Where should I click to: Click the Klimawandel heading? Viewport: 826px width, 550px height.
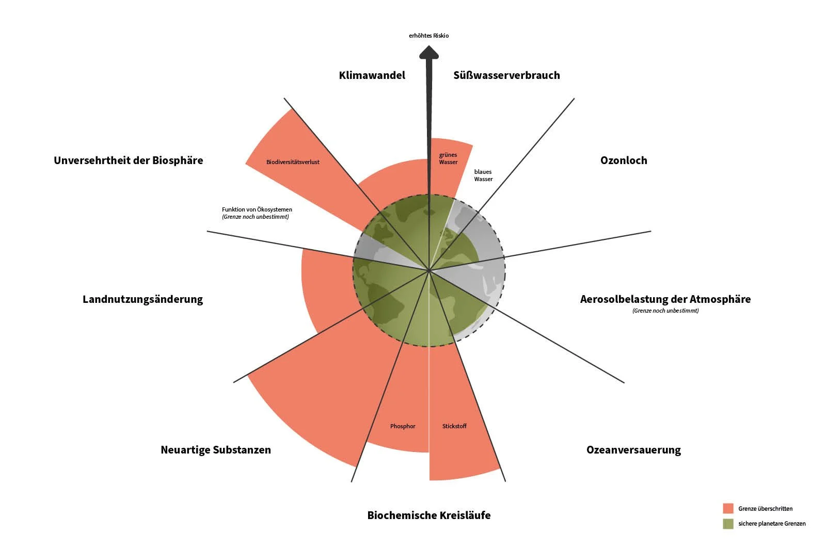372,75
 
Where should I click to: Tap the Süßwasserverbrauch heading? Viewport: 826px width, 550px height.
506,75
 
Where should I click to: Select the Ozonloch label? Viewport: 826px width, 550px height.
624,160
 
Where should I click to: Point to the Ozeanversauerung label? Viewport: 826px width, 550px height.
633,450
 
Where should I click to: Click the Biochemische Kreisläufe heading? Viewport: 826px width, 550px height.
428,515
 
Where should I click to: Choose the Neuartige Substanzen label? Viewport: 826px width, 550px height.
215,450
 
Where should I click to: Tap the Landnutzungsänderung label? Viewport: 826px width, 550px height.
142,299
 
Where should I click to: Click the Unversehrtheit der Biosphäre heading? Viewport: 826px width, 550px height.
128,160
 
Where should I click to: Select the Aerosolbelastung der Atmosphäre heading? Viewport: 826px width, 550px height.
665,299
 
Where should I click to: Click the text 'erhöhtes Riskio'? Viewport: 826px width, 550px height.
428,36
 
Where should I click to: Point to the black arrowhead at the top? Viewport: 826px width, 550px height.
428,52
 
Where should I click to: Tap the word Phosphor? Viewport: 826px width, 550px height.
403,426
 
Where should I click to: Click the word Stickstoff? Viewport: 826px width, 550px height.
454,426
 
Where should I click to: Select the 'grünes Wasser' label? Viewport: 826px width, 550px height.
448,158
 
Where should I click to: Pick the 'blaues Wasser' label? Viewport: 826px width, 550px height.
483,175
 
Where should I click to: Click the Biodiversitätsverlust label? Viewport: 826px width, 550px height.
293,162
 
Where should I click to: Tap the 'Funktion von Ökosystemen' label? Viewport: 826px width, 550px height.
257,209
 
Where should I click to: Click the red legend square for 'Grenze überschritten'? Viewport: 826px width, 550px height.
728,508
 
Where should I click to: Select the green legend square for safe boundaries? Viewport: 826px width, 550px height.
728,524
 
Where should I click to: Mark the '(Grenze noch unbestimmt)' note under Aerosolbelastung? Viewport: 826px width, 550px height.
665,311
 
